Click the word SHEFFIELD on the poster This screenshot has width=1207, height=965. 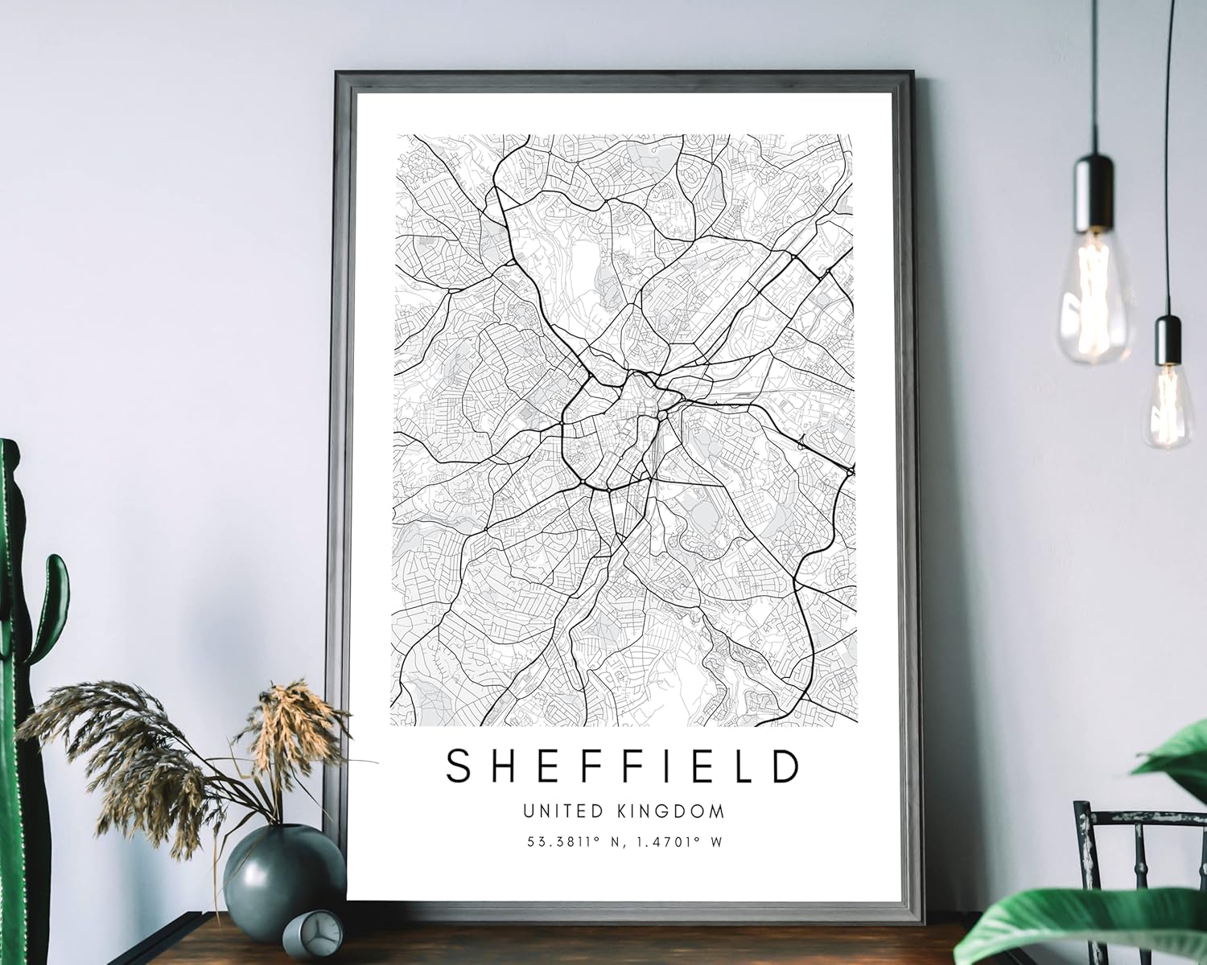coord(623,766)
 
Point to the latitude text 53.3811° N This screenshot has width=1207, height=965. coord(574,843)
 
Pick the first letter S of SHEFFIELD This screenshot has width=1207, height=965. coord(459,766)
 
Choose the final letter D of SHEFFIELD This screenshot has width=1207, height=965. coord(787,766)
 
